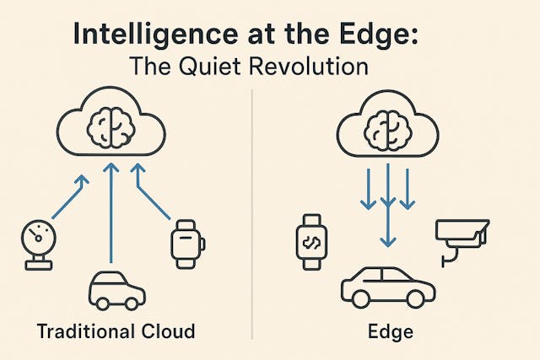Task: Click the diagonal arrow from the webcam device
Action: [66, 202]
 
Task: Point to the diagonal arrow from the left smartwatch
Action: [157, 202]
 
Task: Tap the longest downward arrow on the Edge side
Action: [387, 211]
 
